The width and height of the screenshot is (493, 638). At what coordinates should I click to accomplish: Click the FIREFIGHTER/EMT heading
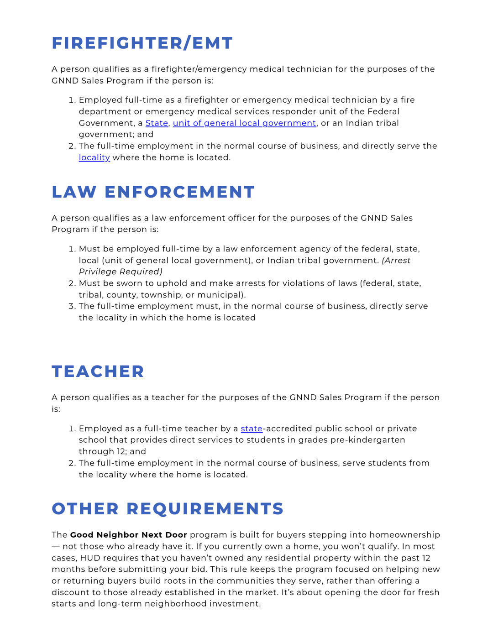click(142, 43)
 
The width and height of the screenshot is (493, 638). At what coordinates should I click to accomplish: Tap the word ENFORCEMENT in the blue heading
click(179, 192)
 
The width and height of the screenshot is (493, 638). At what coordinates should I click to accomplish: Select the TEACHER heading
click(98, 371)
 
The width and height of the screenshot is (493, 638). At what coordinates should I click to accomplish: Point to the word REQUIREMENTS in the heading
click(205, 509)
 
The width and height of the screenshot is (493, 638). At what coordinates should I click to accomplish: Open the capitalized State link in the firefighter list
click(157, 123)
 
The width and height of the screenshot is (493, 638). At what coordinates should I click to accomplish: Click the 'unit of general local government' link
click(244, 123)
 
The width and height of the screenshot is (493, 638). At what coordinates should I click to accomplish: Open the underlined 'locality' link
click(94, 157)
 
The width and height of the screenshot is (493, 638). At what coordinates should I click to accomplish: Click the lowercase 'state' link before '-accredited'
click(252, 429)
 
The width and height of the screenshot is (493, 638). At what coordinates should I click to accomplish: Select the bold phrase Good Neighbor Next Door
click(128, 535)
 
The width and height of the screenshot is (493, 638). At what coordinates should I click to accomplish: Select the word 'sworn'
click(130, 283)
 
